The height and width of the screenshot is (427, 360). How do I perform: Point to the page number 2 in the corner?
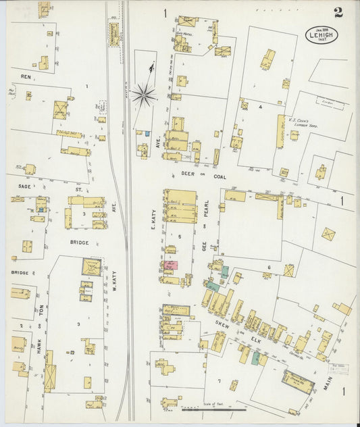tap(337, 11)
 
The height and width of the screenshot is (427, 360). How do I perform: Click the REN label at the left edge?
tap(26, 77)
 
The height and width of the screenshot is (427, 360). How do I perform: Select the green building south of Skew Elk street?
tap(255, 357)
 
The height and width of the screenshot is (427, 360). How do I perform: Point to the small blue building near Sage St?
tap(41, 210)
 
